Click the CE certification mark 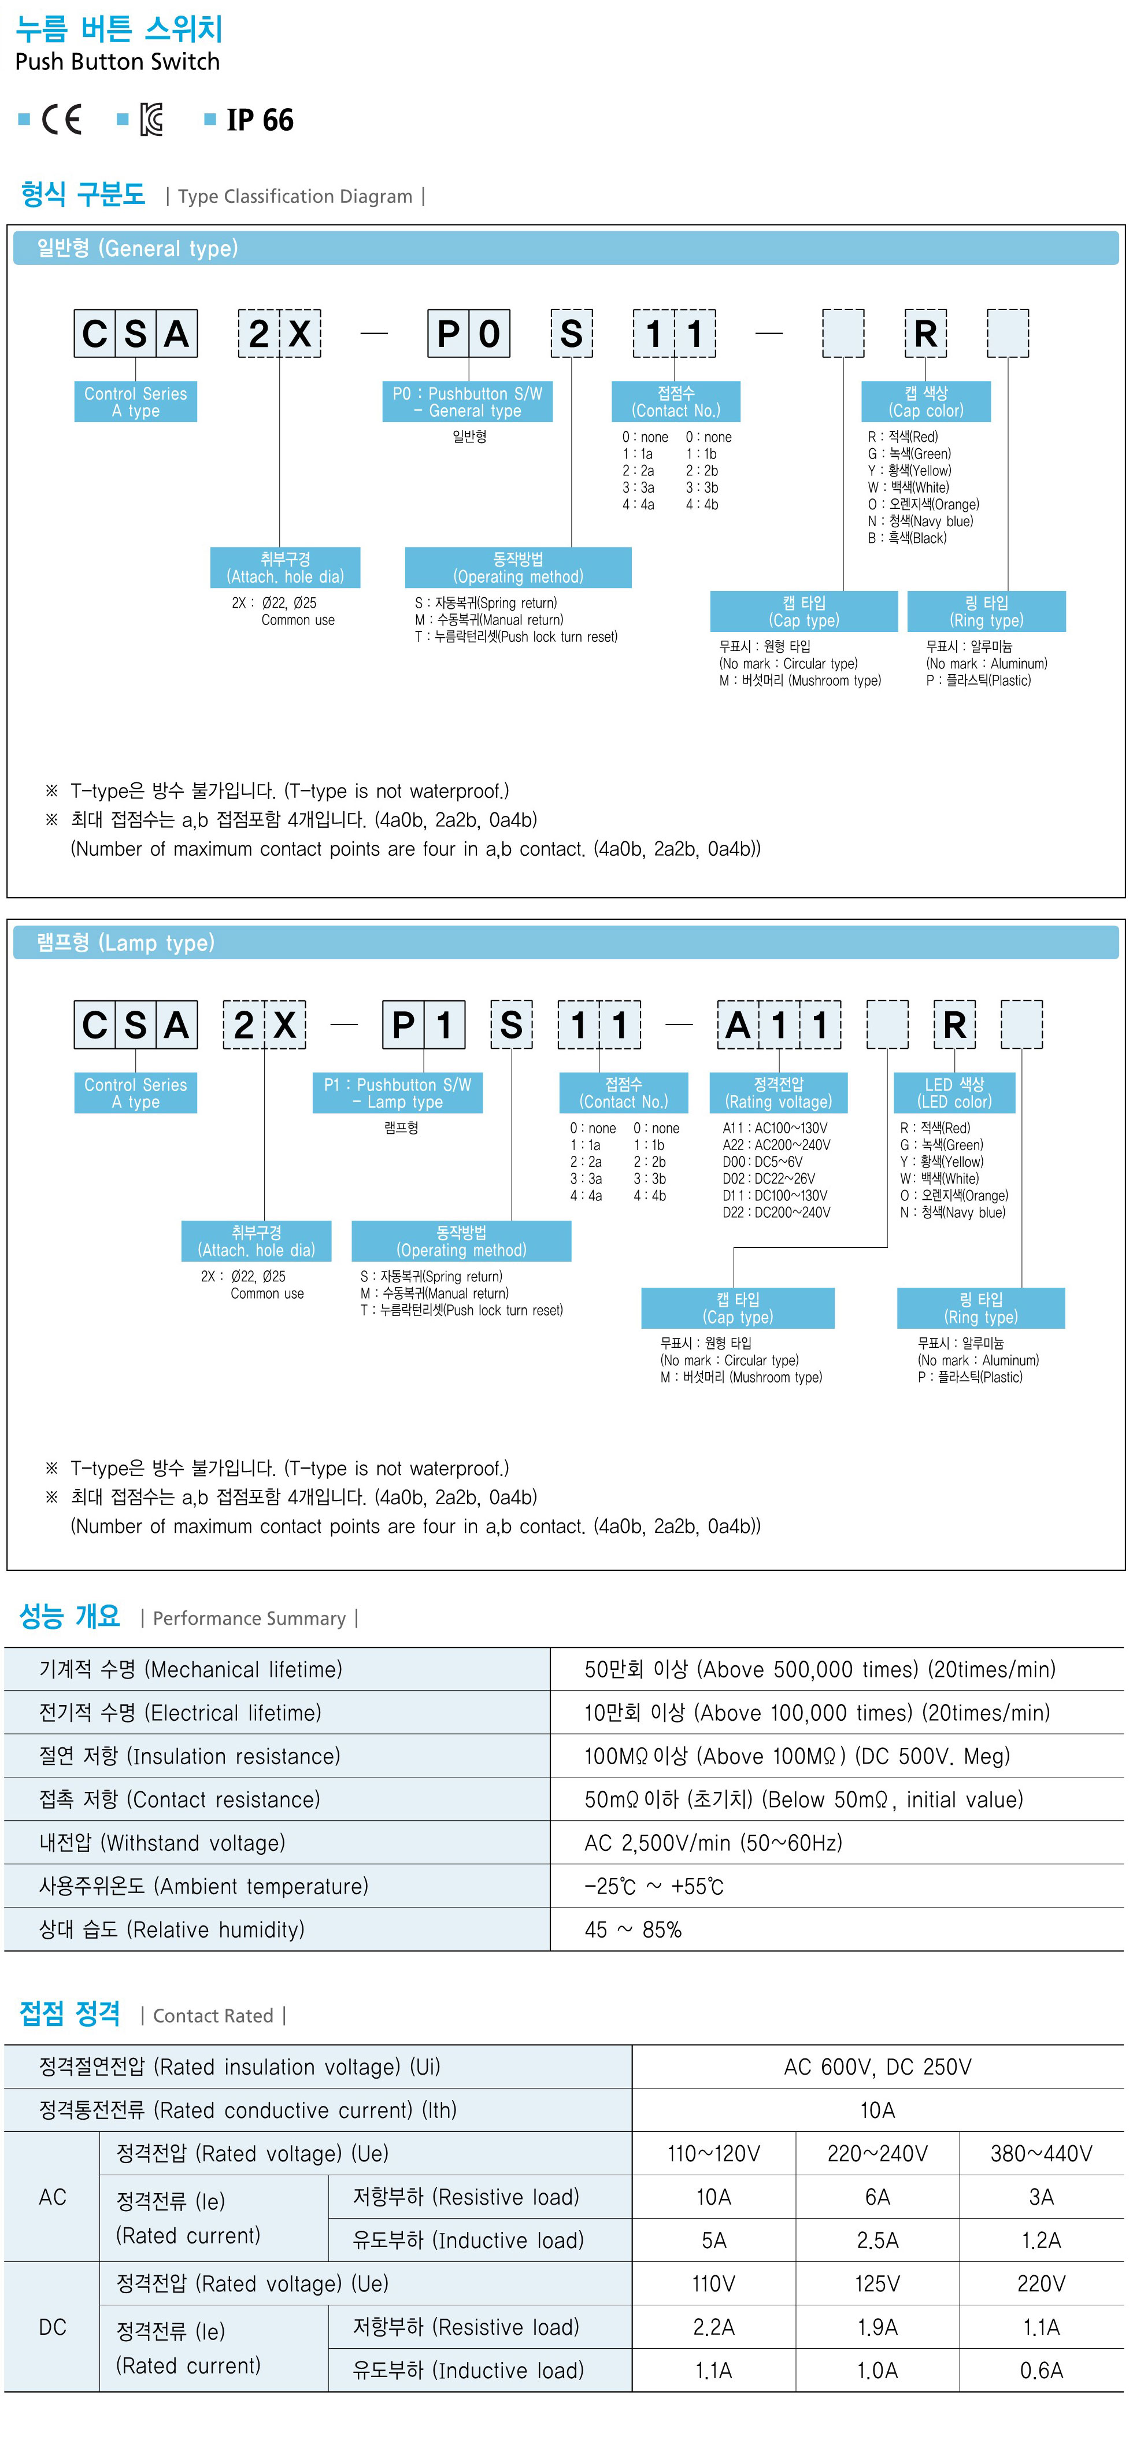pos(62,120)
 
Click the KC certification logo pos(151,120)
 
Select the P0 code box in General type pos(468,334)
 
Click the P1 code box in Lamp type pos(424,1025)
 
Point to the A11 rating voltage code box pos(779,1025)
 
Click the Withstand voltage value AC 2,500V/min pos(712,1843)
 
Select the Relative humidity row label pos(172,1929)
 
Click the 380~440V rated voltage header pos(1041,2153)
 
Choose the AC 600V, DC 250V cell pos(876,2067)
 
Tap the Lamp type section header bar pos(565,942)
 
